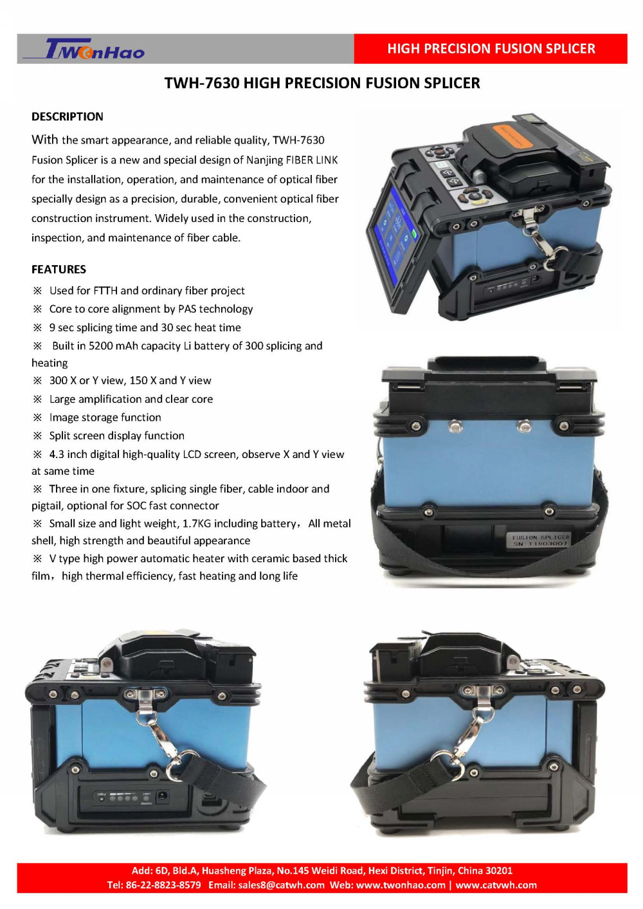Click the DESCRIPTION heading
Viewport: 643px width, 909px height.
coord(68,117)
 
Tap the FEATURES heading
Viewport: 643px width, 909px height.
coord(59,270)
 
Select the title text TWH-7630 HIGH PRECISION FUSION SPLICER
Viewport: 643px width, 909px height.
coord(322,83)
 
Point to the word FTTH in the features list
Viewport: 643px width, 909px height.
coord(105,291)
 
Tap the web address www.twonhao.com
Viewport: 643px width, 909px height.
coord(401,885)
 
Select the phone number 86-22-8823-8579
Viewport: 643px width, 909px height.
coord(163,885)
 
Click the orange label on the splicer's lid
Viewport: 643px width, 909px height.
coord(512,136)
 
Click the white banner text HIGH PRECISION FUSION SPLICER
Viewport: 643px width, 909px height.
coord(491,49)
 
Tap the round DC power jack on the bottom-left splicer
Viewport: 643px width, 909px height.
coord(163,795)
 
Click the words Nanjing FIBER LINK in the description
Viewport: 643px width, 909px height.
coord(292,160)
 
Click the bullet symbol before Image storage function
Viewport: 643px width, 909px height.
coord(37,418)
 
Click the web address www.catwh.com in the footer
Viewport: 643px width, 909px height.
coord(496,885)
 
